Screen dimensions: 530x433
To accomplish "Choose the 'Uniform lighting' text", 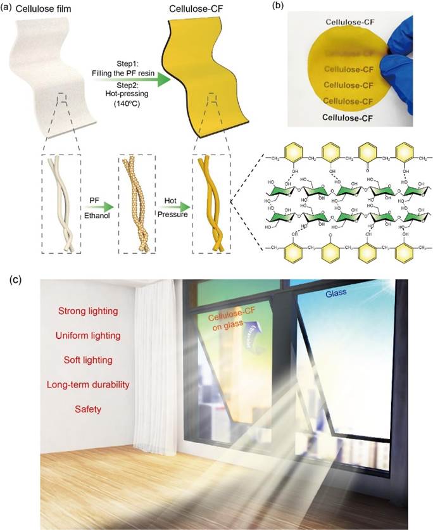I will [x=89, y=335].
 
